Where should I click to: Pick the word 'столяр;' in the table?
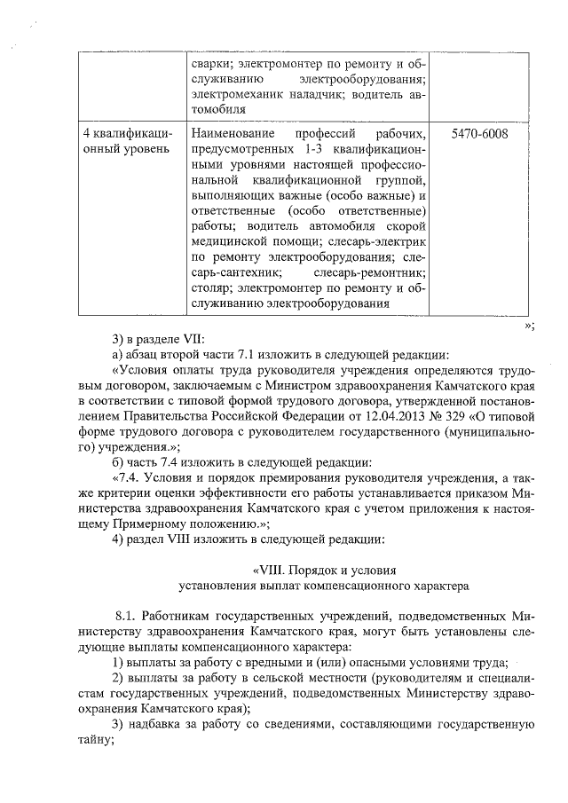209,287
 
